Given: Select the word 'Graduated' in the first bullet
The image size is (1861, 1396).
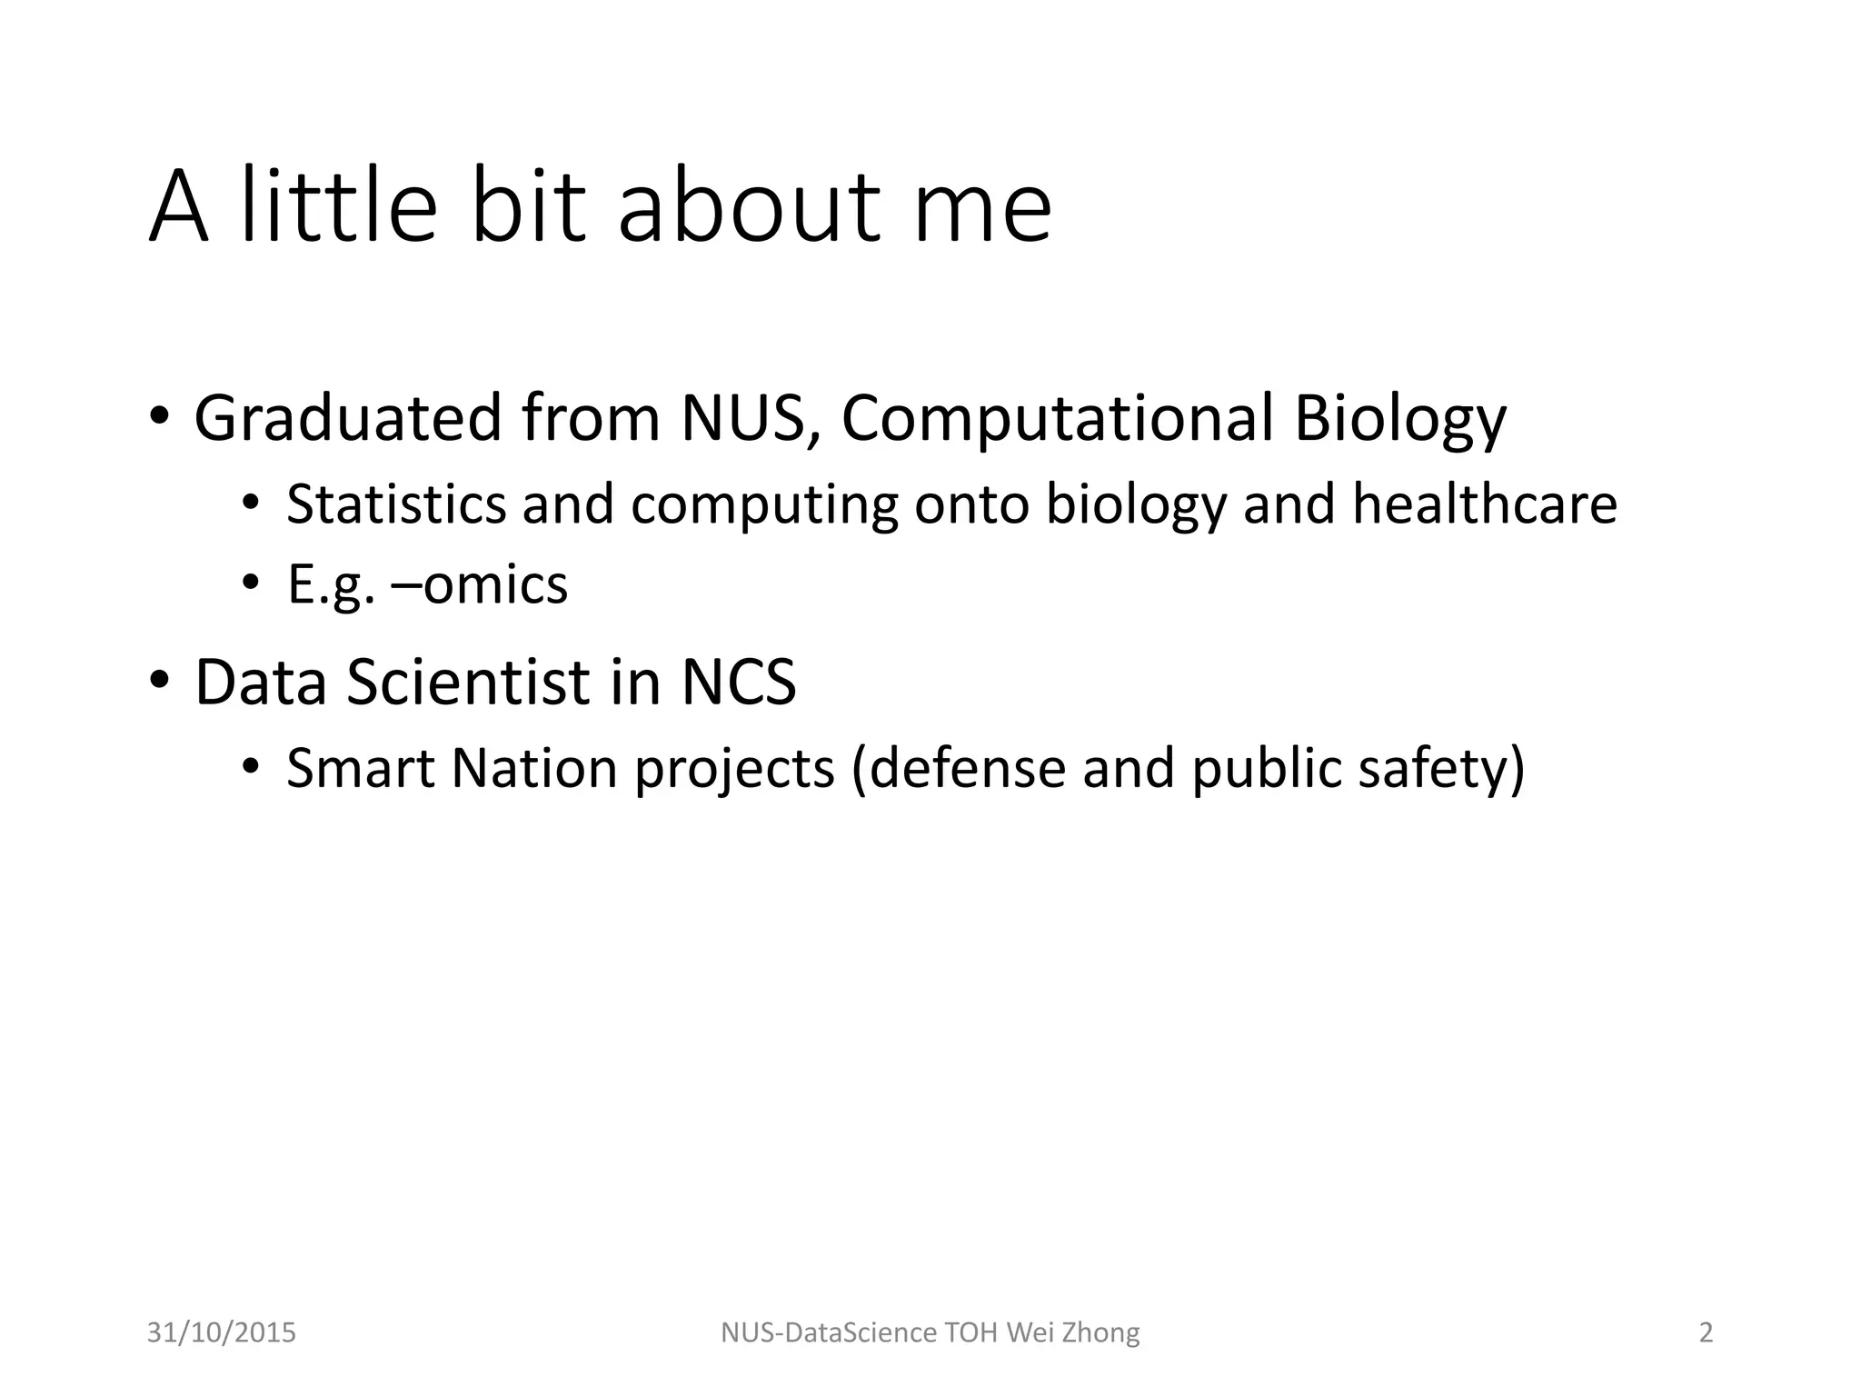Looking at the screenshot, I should [x=348, y=418].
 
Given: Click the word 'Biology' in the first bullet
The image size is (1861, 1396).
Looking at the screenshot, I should [x=1399, y=420].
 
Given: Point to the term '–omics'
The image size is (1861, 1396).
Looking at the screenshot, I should [x=479, y=584].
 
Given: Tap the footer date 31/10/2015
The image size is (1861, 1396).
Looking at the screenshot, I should [x=222, y=1332].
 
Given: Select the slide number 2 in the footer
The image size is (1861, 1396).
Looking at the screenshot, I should [x=1706, y=1332].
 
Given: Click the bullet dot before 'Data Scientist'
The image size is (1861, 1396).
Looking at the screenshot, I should [x=159, y=681].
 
